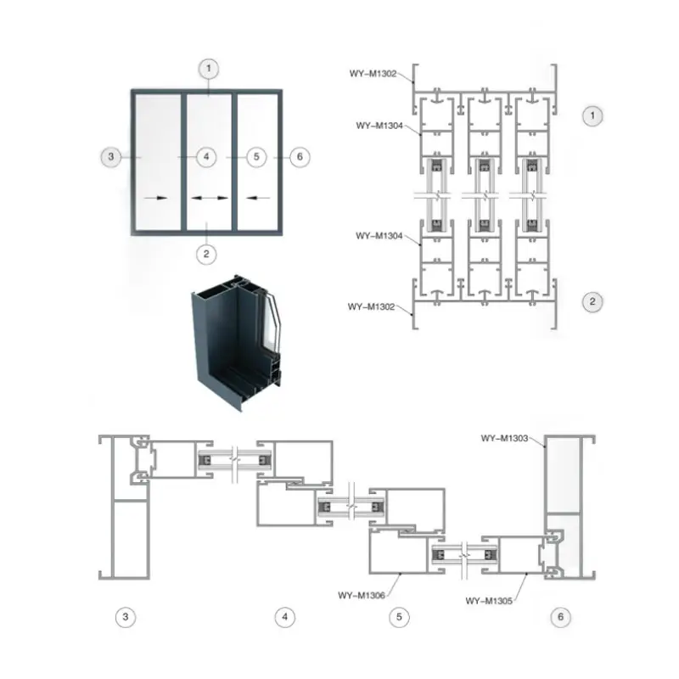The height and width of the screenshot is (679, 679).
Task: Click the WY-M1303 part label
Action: click(504, 438)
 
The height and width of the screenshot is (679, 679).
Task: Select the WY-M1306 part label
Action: click(362, 596)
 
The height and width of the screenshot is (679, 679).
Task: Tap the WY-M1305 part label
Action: click(489, 601)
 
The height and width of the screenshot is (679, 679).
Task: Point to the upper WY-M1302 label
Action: click(373, 74)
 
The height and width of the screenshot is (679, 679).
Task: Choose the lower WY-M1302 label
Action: click(371, 307)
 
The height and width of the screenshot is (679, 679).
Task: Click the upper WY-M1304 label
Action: click(379, 126)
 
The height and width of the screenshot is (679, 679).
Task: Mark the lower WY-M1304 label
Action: click(379, 236)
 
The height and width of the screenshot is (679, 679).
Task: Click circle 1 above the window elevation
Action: click(209, 69)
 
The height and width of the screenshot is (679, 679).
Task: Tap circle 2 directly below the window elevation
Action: click(206, 254)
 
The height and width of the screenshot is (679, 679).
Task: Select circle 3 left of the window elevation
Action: click(111, 157)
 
